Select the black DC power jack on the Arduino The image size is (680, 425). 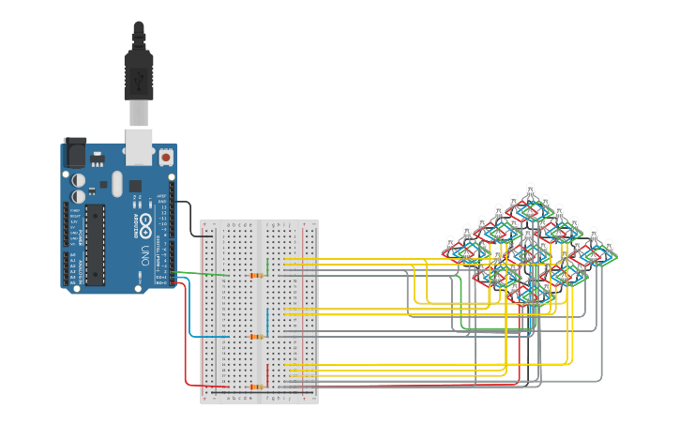click(74, 153)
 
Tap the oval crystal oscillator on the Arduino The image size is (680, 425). click(116, 182)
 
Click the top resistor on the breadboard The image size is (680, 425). click(256, 275)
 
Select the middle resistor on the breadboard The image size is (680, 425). click(256, 335)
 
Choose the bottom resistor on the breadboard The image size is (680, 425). click(256, 386)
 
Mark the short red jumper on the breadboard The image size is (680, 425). click(268, 375)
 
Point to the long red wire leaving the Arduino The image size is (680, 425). click(185, 347)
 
